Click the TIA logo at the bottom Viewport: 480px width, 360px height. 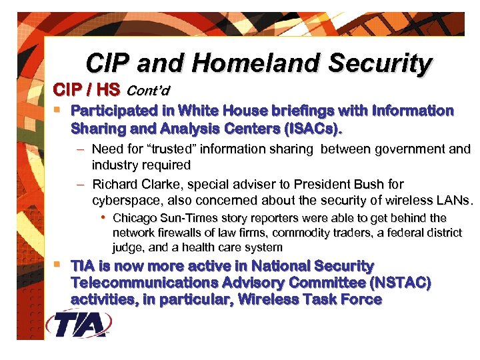79,325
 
